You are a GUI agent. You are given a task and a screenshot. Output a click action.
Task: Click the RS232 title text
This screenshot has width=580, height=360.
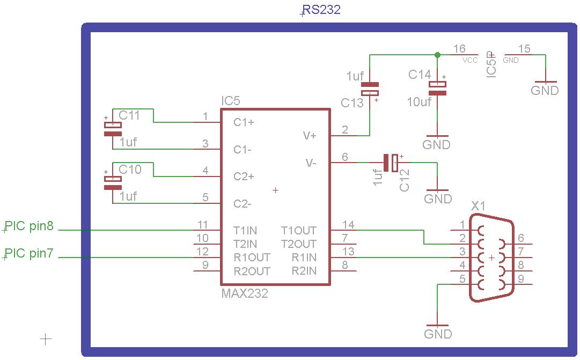coord(321,10)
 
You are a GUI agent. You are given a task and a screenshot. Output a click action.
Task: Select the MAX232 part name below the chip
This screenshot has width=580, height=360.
coord(244,293)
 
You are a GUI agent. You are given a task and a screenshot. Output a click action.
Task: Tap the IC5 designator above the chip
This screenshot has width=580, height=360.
coord(231,101)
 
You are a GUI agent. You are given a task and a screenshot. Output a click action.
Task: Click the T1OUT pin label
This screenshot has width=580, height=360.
coord(299,231)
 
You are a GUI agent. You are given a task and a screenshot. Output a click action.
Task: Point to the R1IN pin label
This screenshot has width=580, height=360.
coord(304,258)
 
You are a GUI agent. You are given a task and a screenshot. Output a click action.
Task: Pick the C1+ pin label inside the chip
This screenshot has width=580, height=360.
coord(244,122)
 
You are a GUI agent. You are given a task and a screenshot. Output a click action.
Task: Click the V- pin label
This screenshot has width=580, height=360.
coord(311,163)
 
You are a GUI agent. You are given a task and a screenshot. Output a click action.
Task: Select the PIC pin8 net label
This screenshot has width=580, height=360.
coord(29,226)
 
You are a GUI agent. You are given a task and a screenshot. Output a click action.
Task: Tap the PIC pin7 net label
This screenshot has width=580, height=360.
coord(29,253)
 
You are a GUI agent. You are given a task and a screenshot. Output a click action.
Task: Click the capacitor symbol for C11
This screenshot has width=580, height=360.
coord(113,129)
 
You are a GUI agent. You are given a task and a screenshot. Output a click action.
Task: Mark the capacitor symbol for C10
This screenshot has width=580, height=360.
coord(113,183)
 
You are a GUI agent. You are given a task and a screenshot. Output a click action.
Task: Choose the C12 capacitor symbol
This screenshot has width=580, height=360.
coord(391,163)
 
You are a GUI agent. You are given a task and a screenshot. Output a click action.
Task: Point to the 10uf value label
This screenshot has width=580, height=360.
coord(419,101)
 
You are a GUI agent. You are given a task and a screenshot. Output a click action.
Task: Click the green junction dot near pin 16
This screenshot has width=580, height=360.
coord(437,55)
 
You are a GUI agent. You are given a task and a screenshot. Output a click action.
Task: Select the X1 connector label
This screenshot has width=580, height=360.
coord(478,206)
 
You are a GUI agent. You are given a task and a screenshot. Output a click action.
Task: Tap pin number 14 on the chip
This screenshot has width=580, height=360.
coord(348,225)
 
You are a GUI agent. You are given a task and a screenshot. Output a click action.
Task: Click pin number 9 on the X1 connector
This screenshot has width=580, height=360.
coord(521,278)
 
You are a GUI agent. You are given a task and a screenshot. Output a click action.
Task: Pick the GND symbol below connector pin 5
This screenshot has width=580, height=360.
coord(438,329)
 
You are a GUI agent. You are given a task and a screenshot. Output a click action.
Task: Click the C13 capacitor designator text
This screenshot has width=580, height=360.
coord(353,103)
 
